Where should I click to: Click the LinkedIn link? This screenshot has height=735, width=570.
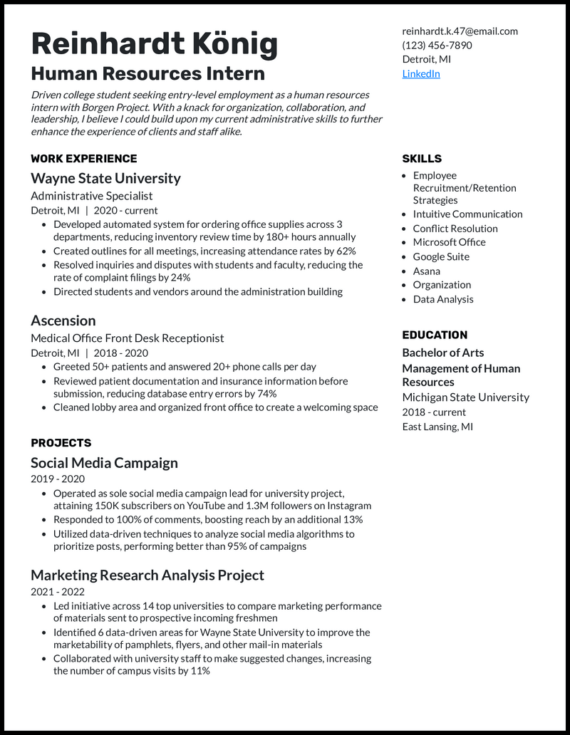[421, 73]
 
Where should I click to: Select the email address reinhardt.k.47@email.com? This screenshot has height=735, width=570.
[460, 31]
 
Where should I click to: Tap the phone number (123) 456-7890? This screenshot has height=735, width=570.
[437, 45]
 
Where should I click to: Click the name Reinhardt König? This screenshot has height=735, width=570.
[154, 44]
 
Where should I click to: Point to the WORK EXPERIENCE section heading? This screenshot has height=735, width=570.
[83, 159]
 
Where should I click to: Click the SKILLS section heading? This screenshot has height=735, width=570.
[422, 159]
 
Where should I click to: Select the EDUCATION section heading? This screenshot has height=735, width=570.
[435, 335]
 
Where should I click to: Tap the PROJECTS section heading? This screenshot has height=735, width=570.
[61, 443]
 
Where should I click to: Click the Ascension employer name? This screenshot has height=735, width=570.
[63, 320]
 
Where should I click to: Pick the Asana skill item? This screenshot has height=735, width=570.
[427, 271]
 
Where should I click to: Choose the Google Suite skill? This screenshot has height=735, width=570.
[441, 256]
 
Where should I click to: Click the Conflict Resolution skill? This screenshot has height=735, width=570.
[455, 229]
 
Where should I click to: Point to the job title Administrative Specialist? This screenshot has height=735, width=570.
[91, 196]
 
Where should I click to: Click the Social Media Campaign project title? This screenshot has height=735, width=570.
[104, 463]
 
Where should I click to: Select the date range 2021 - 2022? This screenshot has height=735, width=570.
[58, 592]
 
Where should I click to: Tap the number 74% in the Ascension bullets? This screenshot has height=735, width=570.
[266, 394]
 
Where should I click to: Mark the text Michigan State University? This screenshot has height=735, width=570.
[465, 397]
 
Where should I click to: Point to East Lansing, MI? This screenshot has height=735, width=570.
[437, 427]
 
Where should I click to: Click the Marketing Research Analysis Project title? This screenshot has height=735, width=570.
[147, 575]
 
